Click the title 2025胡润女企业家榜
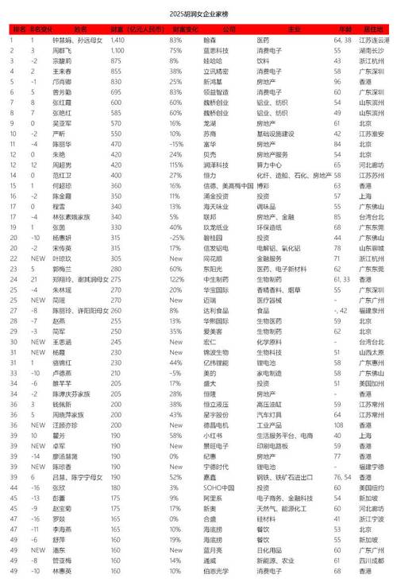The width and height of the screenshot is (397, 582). [x=198, y=14]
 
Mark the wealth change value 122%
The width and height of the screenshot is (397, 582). [x=175, y=280]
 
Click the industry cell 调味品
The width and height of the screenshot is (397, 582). [x=265, y=207]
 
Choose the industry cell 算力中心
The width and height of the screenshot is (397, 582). [x=265, y=164]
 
